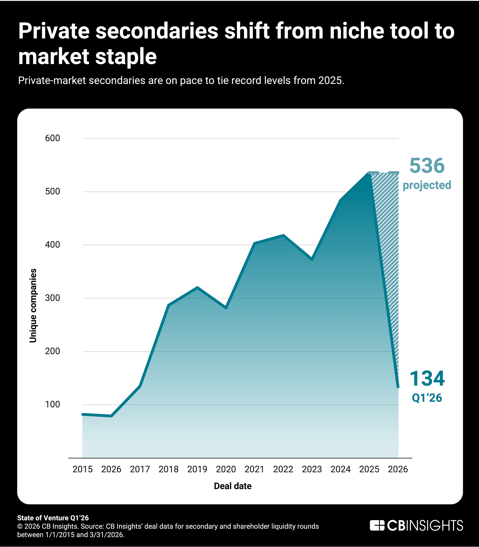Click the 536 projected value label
(427, 166)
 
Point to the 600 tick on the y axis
(53, 138)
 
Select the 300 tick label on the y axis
(53, 298)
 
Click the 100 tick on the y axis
(53, 404)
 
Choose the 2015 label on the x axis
(83, 469)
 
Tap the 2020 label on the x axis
(226, 469)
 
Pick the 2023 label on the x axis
(312, 469)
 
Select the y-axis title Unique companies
(33, 306)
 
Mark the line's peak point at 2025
(369, 173)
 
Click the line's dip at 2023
(312, 259)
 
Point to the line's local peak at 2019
(197, 288)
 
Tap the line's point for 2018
(169, 305)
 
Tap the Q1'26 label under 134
(427, 398)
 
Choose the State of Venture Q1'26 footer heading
(53, 518)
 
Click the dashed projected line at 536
(384, 173)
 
